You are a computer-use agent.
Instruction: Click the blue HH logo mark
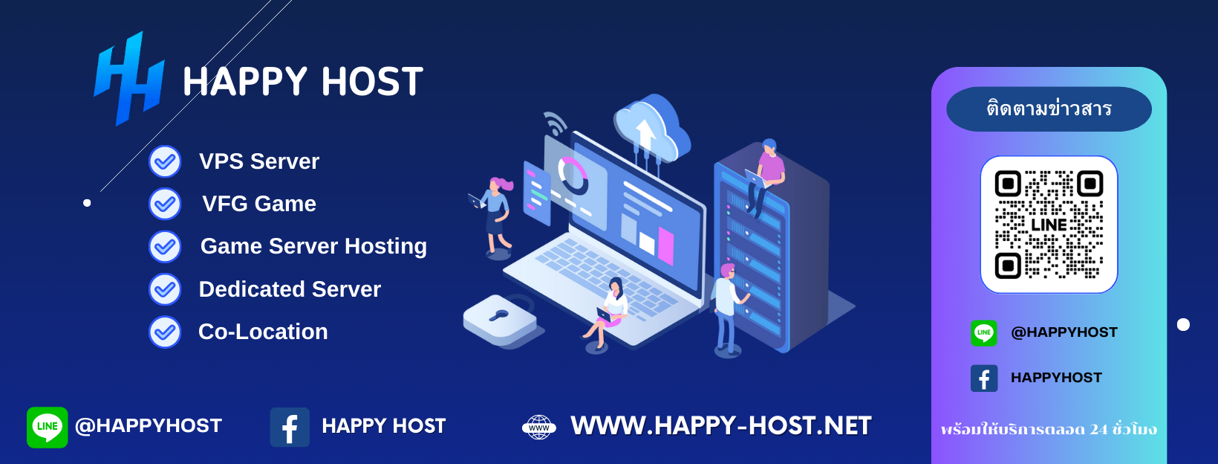click(129, 79)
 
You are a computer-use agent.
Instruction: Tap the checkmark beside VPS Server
click(165, 161)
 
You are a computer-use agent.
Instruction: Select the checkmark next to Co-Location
click(165, 332)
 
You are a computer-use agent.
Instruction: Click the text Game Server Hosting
click(313, 246)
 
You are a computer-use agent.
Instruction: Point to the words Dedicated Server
click(290, 289)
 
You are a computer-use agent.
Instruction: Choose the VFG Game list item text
click(259, 204)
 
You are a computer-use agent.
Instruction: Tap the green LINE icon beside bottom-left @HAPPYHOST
click(47, 427)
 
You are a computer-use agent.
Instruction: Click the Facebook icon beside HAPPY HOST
click(290, 427)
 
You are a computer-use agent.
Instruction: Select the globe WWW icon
click(539, 427)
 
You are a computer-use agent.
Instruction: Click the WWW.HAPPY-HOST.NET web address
click(720, 426)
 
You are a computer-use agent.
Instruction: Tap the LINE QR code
click(1049, 224)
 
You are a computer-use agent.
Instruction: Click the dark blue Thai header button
click(1049, 109)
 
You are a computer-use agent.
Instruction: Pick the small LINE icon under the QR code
click(984, 332)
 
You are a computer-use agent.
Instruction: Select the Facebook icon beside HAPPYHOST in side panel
click(984, 378)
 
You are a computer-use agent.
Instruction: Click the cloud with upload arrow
click(651, 130)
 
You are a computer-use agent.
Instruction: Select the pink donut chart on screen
click(572, 175)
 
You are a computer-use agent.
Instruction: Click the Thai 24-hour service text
click(1049, 429)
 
